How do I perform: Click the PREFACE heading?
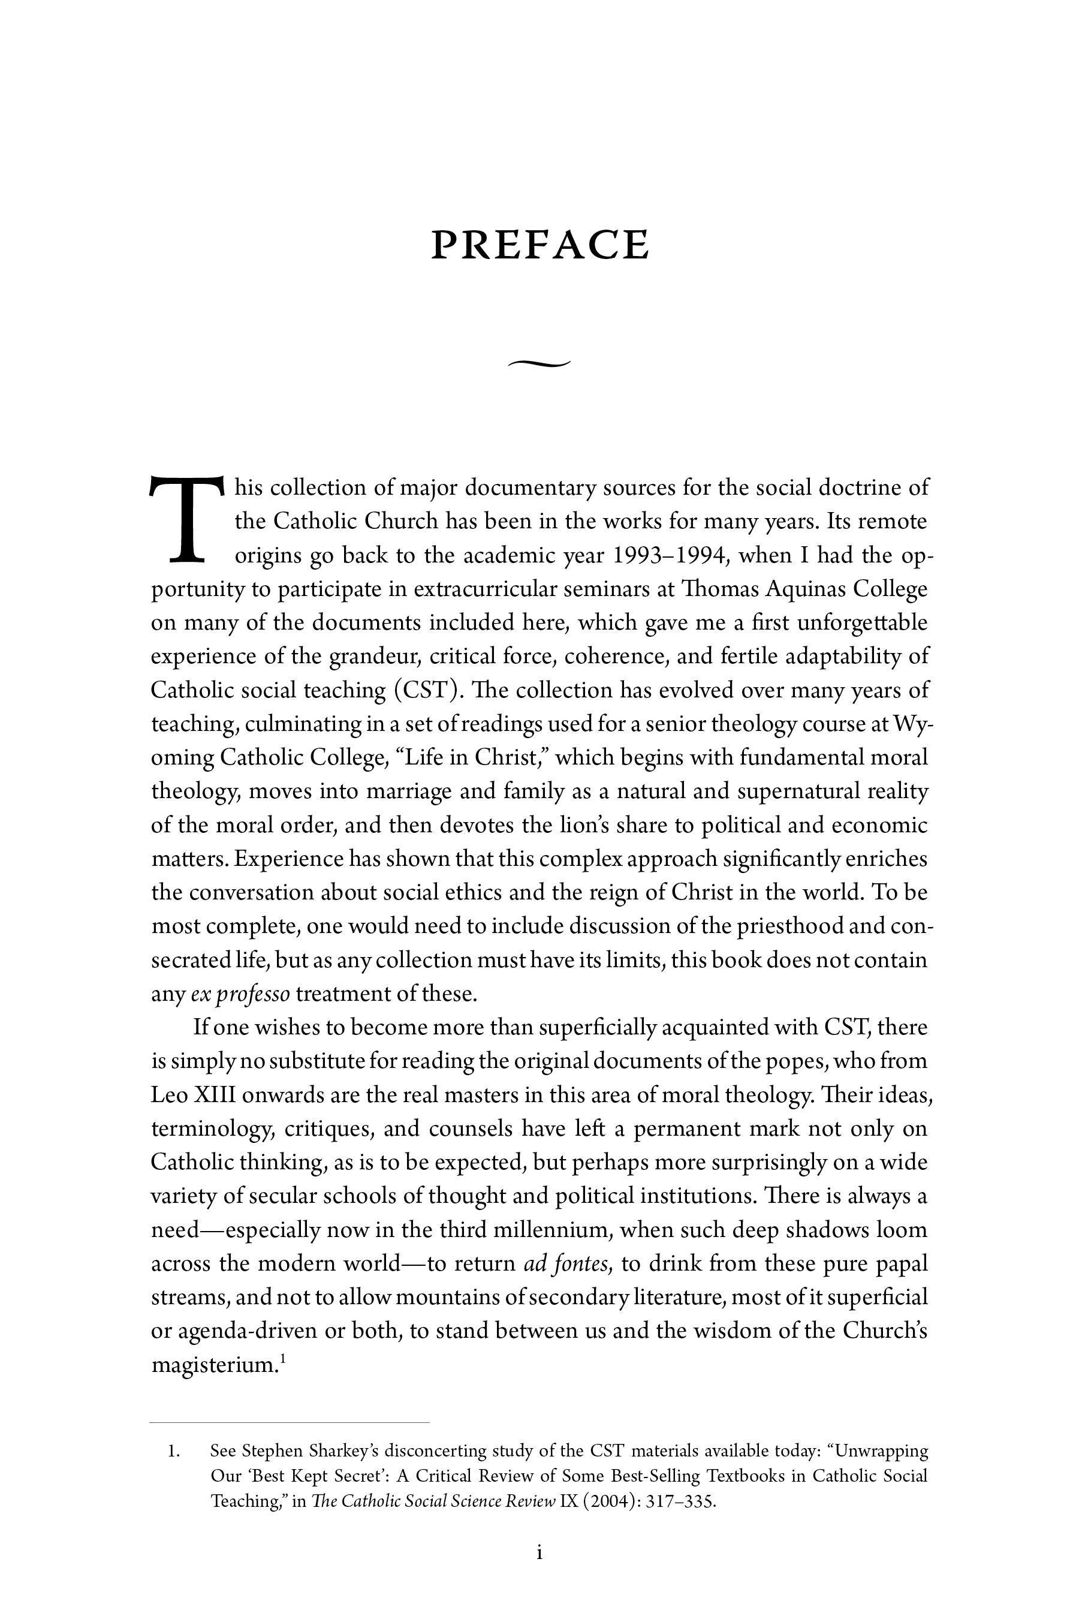coord(539,245)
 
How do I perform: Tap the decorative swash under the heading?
coord(539,363)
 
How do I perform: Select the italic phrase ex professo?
coord(240,994)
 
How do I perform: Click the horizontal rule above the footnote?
coord(289,1422)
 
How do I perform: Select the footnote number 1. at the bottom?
coord(173,1452)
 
